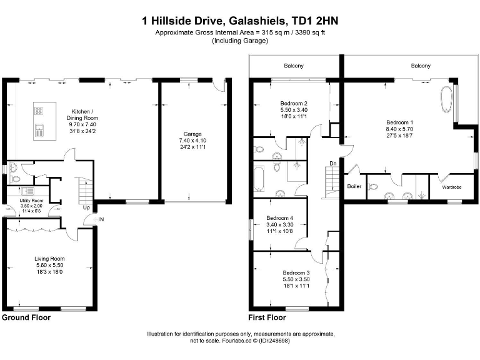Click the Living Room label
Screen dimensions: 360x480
(x=49, y=258)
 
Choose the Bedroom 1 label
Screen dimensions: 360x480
(x=399, y=122)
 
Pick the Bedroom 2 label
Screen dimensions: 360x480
(x=292, y=103)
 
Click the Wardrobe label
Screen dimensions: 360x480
(x=451, y=187)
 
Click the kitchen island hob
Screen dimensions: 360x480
(x=39, y=112)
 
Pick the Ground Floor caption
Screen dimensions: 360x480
(x=26, y=317)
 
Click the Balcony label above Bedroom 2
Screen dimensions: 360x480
(x=294, y=66)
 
